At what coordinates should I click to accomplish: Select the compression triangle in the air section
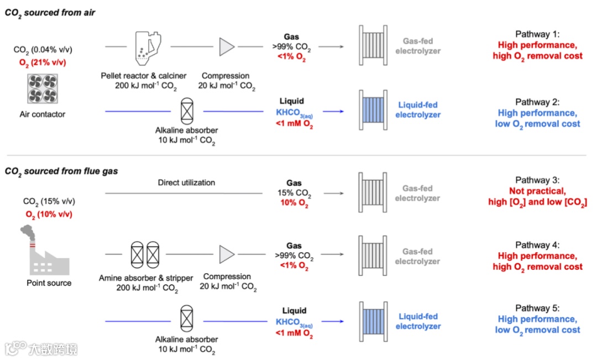point(227,47)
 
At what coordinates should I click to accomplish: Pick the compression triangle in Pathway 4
point(227,254)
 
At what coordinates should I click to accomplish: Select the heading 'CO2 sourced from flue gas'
point(61,172)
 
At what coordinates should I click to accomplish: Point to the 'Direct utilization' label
point(186,182)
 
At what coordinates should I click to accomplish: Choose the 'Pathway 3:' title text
point(537,181)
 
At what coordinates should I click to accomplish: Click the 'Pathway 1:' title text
point(537,34)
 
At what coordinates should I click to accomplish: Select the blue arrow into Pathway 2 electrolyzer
point(333,112)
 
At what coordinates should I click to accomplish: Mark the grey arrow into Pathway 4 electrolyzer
point(332,254)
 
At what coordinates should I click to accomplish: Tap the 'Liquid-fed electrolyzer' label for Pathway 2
point(419,109)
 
